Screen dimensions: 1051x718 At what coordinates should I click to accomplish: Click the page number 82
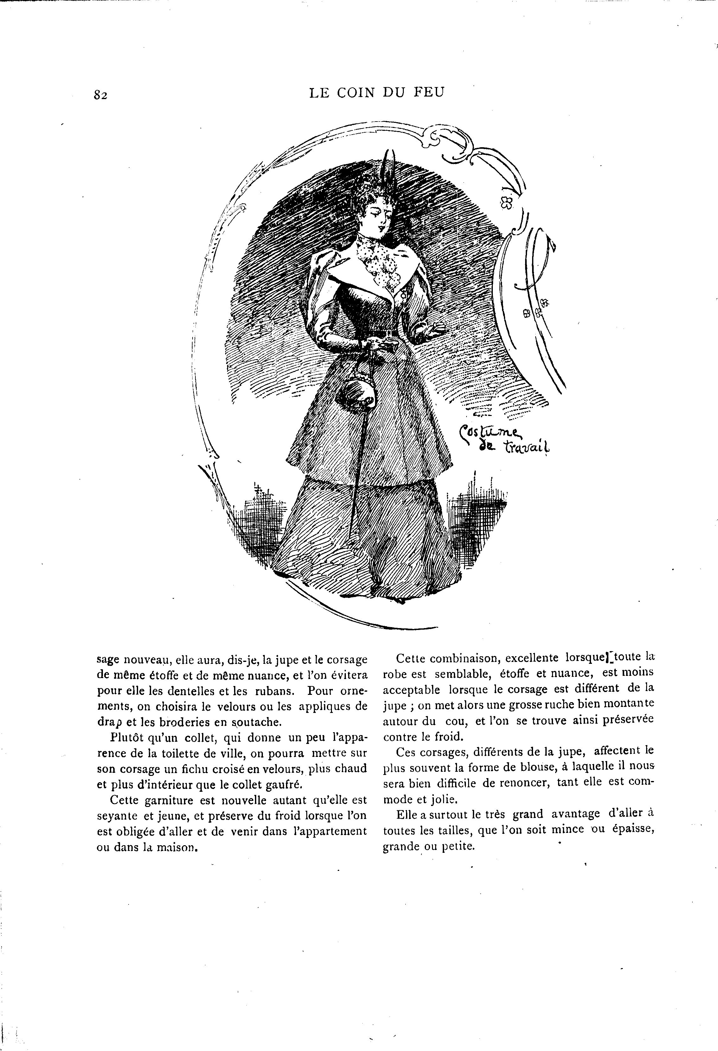pyautogui.click(x=100, y=95)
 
